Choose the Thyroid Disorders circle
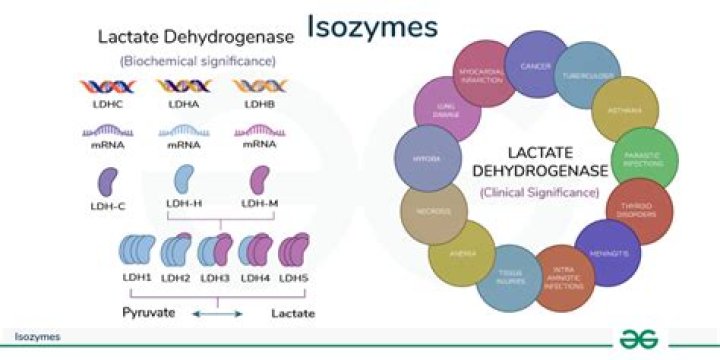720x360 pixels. (637, 208)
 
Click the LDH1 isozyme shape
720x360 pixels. (134, 247)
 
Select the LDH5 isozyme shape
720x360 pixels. (296, 247)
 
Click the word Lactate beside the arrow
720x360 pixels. (293, 313)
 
